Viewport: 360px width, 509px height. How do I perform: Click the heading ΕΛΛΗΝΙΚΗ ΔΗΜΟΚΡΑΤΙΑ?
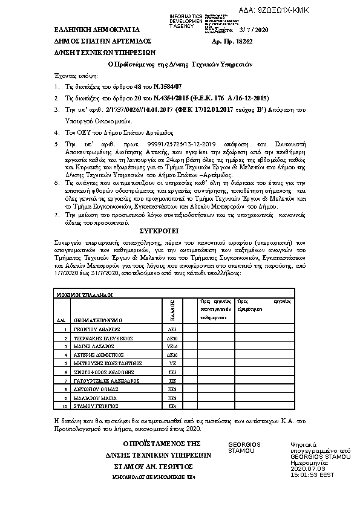point(88,29)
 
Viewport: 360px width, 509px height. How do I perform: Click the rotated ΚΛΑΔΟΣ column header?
point(172,309)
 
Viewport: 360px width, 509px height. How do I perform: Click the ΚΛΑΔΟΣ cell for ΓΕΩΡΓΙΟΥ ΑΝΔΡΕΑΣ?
point(171,329)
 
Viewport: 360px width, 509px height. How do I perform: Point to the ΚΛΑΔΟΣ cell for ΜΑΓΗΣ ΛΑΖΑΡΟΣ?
point(171,346)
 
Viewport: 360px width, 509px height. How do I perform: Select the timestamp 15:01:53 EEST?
point(312,475)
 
